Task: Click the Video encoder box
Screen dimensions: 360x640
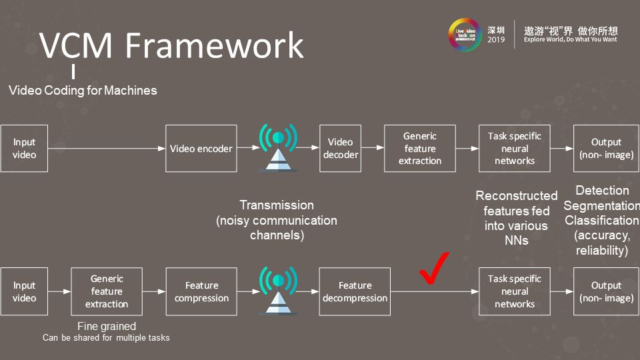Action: click(x=201, y=149)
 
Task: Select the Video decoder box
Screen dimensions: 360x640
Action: click(x=340, y=149)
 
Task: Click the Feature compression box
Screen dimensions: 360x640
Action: click(x=201, y=292)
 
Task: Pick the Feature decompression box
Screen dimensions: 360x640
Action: click(x=355, y=292)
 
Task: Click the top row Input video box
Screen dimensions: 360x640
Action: click(x=24, y=149)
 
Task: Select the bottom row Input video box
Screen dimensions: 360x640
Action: click(x=24, y=292)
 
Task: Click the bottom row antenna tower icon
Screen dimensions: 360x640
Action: click(x=278, y=290)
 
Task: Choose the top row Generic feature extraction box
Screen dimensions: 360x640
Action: click(x=420, y=149)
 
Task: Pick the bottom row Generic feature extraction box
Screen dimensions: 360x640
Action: click(x=107, y=292)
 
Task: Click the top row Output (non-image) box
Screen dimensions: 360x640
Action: click(x=606, y=149)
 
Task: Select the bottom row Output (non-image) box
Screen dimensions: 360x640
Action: click(x=606, y=292)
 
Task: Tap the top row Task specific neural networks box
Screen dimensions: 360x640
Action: click(x=515, y=149)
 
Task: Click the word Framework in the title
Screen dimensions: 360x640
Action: click(x=214, y=45)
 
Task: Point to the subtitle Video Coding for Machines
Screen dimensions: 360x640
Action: click(x=83, y=90)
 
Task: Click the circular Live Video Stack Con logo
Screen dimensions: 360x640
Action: click(x=464, y=34)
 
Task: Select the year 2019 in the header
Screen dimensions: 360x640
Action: click(x=496, y=40)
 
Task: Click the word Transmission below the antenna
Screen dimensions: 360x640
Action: click(x=277, y=205)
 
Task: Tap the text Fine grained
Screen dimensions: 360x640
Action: click(x=106, y=326)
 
